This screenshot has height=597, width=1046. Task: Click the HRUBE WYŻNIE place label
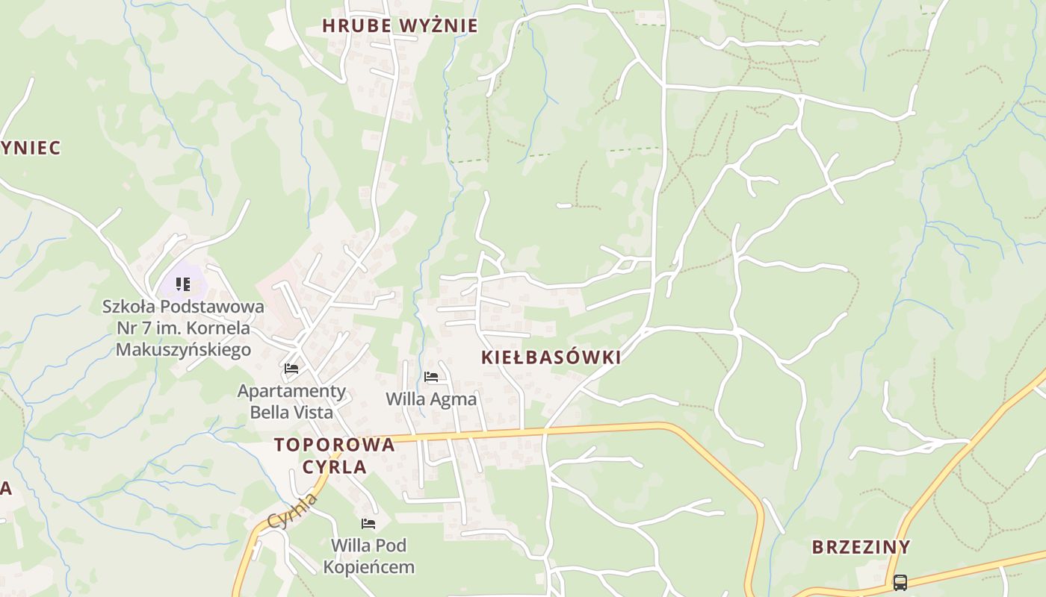coord(400,25)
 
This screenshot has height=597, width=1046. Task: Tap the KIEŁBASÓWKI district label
coord(551,357)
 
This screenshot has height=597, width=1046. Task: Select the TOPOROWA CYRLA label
coord(334,455)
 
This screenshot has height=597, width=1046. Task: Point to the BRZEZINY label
coord(861,547)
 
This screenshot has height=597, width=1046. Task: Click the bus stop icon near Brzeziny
coord(900,582)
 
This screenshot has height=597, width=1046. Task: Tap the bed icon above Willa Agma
coord(431,377)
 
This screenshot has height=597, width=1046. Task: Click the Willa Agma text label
coord(431,399)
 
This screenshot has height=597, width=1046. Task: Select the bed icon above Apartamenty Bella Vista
coord(291,369)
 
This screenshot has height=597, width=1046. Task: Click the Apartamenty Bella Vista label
coord(291,401)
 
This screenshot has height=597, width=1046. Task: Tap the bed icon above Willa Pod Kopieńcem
coord(368,524)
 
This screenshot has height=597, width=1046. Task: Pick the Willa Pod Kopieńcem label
coord(368,556)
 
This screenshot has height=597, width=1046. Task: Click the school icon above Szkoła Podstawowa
coord(183,284)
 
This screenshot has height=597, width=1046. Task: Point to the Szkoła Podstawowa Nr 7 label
coord(183,327)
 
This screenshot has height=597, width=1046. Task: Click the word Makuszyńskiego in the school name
coord(183,349)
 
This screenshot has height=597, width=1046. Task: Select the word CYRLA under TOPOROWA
coord(334,467)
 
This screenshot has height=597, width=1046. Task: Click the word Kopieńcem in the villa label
coord(368,567)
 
